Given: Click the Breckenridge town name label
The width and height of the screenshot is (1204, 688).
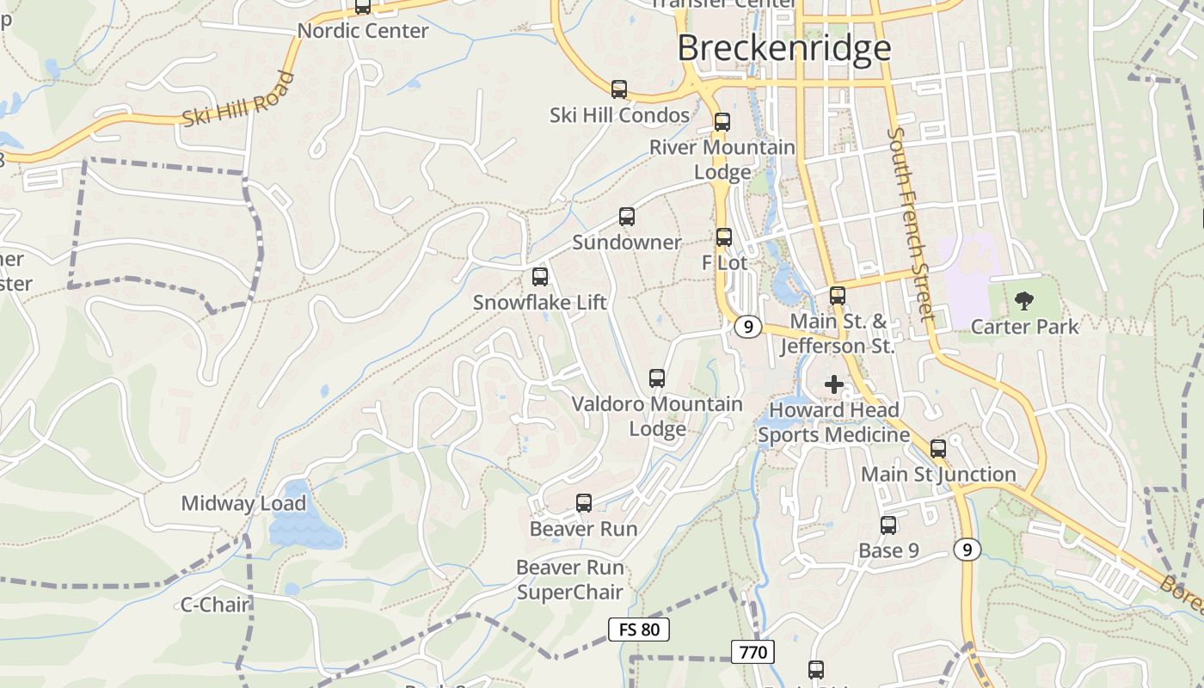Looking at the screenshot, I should (783, 48).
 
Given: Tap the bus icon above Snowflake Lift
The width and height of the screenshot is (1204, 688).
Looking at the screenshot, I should (540, 277).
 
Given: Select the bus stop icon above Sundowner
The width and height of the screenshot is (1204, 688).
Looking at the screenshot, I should (627, 217).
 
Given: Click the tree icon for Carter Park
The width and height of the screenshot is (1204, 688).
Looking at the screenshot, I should (1023, 301).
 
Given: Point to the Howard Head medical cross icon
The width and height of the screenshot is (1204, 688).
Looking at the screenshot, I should (833, 384).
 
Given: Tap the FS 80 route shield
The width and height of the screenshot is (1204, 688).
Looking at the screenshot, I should (638, 630).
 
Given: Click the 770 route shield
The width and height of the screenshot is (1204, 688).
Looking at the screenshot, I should (752, 652).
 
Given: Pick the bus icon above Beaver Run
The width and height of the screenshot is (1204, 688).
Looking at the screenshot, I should (584, 503).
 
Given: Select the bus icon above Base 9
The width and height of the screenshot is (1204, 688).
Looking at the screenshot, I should (888, 525).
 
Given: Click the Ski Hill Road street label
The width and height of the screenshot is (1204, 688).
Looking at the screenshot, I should (238, 100).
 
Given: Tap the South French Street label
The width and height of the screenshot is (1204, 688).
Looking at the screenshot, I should (911, 224).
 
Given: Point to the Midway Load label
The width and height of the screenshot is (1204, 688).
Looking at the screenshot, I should (243, 504).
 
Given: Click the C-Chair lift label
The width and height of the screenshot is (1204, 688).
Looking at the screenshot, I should (214, 605).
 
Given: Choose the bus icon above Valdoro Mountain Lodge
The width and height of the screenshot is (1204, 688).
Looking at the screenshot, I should (657, 378).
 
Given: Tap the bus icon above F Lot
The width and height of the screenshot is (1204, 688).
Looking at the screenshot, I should (724, 237).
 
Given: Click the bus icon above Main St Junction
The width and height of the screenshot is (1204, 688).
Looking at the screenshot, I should (938, 448).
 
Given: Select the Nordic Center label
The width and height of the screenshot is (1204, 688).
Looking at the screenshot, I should (363, 31).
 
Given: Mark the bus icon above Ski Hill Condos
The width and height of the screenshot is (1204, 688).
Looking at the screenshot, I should (619, 89).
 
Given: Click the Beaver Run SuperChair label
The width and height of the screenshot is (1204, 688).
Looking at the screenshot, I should (570, 580).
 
